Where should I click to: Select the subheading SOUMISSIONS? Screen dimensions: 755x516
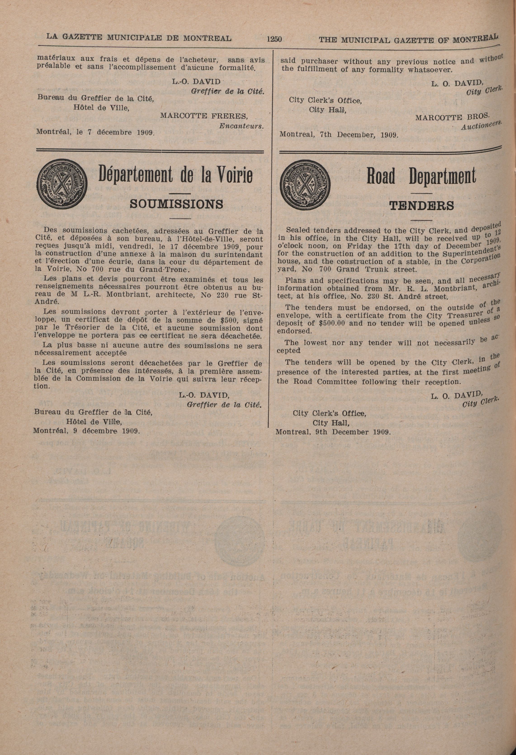click(177, 204)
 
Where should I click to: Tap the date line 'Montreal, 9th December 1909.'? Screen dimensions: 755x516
click(333, 432)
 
